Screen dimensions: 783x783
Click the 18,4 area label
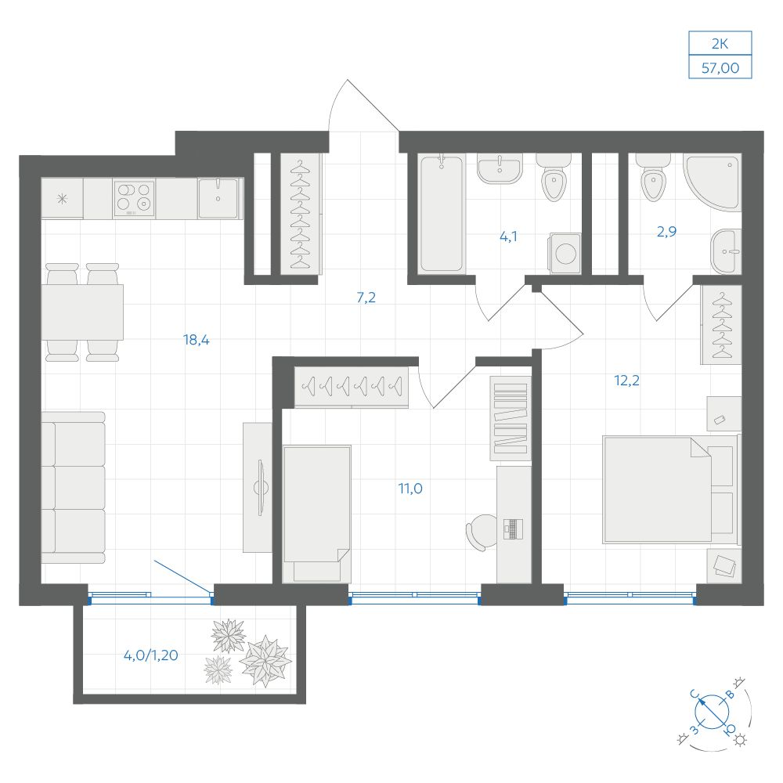tap(197, 340)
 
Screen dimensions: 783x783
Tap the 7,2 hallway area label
tap(366, 298)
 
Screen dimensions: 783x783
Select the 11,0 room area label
tap(410, 489)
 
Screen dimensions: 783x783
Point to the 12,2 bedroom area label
tap(626, 381)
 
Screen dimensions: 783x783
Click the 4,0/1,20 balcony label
tap(151, 655)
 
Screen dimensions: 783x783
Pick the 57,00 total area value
tap(720, 68)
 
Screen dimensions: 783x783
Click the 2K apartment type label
tap(720, 44)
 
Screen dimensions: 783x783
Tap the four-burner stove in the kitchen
tap(135, 198)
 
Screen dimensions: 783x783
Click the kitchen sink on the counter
tap(218, 198)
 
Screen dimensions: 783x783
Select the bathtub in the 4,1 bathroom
tap(442, 214)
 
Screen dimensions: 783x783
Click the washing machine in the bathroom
tap(565, 253)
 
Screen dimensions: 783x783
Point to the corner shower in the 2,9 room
tap(713, 182)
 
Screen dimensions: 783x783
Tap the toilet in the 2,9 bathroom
tap(653, 177)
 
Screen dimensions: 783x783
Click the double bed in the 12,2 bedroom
tap(670, 489)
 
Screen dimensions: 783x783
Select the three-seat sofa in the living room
tap(74, 488)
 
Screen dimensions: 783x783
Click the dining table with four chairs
tap(82, 312)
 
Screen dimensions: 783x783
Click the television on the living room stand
tap(260, 487)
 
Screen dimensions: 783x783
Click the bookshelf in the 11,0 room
tap(510, 418)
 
